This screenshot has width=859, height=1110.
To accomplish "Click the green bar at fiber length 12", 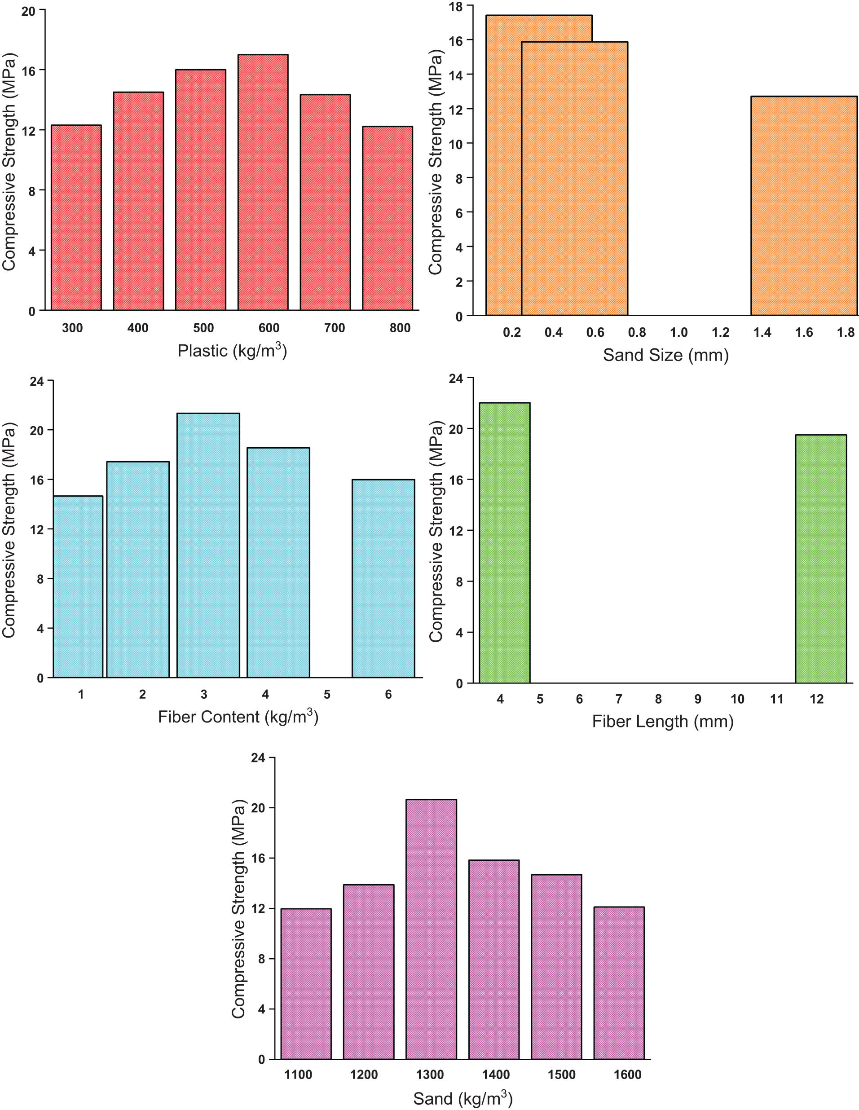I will coord(820,559).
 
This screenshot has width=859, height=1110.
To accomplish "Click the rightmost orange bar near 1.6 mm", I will coord(804,206).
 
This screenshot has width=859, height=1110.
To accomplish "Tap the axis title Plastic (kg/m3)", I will coord(232,351).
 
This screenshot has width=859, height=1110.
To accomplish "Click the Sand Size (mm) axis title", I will coord(665,355).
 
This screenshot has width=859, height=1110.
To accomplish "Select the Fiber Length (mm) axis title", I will coord(662,721).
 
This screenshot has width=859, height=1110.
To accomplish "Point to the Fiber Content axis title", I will coord(238,717).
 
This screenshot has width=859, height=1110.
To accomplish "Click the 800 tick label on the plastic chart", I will coord(400,328).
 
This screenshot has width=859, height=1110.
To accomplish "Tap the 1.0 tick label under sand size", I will coord(678,332).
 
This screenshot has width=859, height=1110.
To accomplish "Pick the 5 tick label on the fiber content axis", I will coord(327,694).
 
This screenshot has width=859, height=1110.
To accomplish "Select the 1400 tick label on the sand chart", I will coord(496,1075).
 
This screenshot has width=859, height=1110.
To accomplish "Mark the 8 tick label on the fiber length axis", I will coord(658,699).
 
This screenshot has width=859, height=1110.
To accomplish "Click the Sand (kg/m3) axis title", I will coord(463,1099).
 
